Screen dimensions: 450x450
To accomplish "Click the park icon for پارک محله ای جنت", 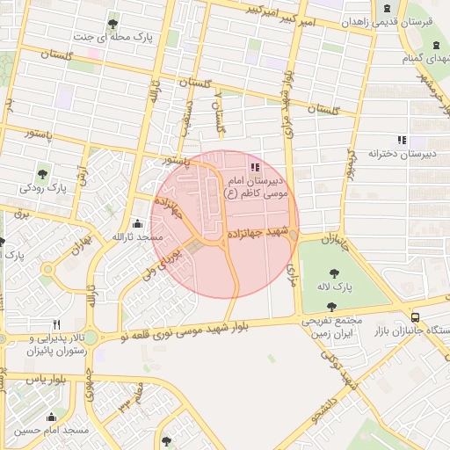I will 112,23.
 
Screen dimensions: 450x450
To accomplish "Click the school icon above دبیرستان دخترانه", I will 402,139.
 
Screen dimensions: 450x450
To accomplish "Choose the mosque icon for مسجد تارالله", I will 136,223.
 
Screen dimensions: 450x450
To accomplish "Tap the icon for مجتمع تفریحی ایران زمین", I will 330,306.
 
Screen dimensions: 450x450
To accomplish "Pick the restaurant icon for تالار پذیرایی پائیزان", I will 57,323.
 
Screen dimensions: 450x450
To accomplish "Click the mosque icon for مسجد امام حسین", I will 51,417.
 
